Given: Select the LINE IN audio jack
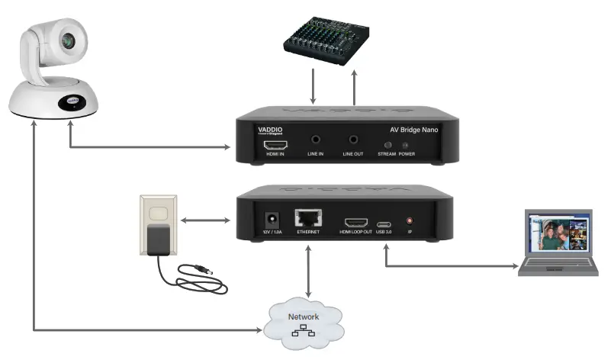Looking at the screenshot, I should [316, 141].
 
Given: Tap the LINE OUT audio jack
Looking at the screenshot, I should [353, 141].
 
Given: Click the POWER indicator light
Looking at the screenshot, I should [405, 144].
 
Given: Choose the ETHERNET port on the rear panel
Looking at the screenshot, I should [309, 218].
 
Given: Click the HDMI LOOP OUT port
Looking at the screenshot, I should [355, 222].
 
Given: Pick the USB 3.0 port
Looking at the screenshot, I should [385, 223].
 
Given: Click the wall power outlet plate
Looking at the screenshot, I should [158, 225].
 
